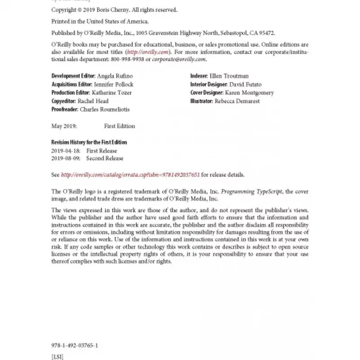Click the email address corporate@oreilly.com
pos(179,59)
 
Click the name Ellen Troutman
pos(229,76)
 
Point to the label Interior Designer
pos(209,85)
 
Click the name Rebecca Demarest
pos(237,101)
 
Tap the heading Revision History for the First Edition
pos(89,142)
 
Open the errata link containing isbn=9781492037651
pos(130,175)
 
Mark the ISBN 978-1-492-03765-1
pos(75,346)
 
